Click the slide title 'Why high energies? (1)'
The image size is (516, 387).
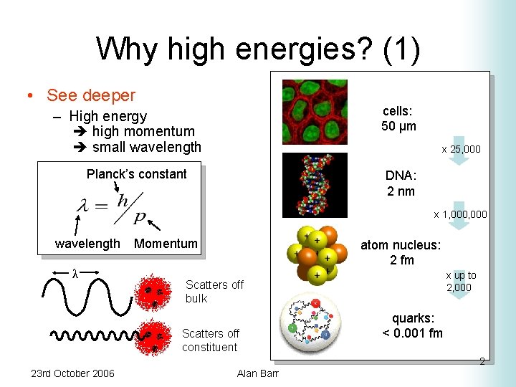click(x=258, y=49)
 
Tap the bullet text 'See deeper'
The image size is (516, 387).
click(x=90, y=95)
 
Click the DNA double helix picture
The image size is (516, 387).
click(x=315, y=184)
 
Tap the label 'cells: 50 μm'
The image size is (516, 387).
click(x=398, y=119)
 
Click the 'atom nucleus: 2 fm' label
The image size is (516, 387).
click(x=401, y=252)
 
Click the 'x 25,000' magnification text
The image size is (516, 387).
click(x=461, y=149)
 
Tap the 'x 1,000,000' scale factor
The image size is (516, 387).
click(x=460, y=214)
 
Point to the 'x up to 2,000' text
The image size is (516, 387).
click(x=461, y=281)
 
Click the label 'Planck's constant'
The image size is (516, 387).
click(x=136, y=174)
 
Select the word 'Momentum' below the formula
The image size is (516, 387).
click(x=166, y=244)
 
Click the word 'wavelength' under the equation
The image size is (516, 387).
click(x=87, y=244)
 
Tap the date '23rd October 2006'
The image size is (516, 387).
click(x=72, y=373)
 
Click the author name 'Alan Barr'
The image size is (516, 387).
click(x=257, y=373)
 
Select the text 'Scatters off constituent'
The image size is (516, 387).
click(x=210, y=340)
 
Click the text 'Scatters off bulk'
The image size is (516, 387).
click(x=214, y=292)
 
